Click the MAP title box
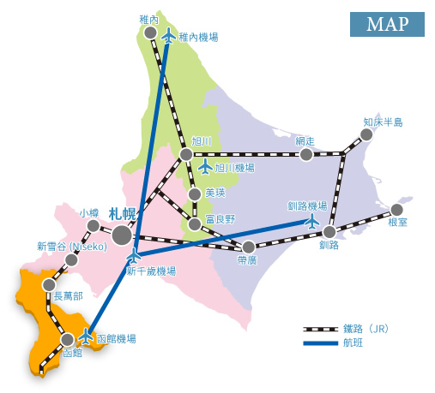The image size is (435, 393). tap(386, 25)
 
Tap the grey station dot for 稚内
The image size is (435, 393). tap(150, 33)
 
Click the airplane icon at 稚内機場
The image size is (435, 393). tap(168, 36)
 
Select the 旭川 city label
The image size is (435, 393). tap(202, 140)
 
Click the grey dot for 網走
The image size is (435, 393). tap(305, 154)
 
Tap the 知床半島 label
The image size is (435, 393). tap(381, 122)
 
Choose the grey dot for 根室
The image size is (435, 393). tap(396, 210)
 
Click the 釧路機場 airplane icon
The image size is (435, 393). tap(311, 221)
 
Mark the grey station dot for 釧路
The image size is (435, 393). tap(329, 231)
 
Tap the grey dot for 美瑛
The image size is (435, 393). tap(195, 194)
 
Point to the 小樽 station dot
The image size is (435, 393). tap(94, 225)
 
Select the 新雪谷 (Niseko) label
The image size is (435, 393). tap(71, 246)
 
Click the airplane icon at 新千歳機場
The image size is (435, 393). tap(134, 255)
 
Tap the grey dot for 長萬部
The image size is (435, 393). tap(49, 283)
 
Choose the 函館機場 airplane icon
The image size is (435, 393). tap(85, 335)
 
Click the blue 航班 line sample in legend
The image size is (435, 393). tap(321, 343)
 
